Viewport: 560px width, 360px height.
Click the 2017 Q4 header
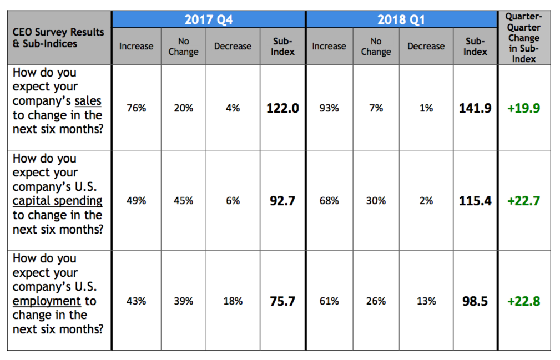coord(208,19)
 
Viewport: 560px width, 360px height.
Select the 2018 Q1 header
coord(401,19)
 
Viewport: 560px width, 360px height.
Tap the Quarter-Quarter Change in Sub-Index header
coord(523,38)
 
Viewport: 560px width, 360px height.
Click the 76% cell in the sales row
coord(136,108)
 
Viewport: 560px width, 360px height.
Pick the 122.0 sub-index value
coord(282,108)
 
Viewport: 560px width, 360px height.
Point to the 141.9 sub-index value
coord(475,108)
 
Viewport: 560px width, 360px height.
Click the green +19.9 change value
coord(523,108)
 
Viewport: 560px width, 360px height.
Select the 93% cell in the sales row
coord(329,108)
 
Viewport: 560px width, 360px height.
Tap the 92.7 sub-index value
coord(282,201)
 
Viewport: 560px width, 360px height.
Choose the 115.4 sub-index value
coord(475,201)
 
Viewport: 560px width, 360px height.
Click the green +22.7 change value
coord(523,201)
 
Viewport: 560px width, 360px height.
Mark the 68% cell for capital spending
coord(329,201)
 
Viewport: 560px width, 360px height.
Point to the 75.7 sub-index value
coord(282,301)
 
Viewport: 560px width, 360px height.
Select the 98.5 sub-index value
coord(475,301)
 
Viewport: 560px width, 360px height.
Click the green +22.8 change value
coord(523,301)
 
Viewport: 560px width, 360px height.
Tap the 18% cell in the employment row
coord(233,301)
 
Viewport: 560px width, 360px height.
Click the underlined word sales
coord(88,101)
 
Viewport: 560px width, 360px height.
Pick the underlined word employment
coord(47,301)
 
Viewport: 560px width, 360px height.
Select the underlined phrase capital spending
coord(57,201)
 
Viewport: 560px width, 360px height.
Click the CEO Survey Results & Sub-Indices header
coord(58,38)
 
